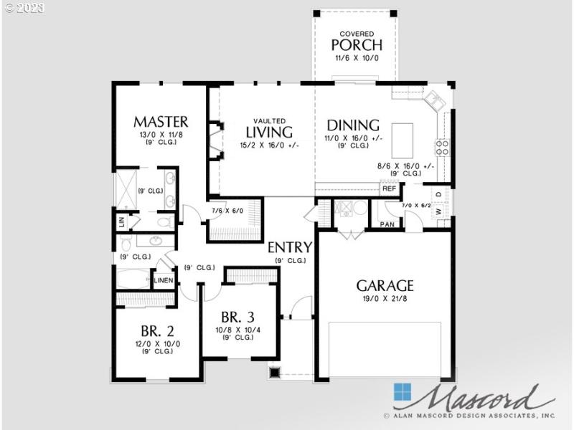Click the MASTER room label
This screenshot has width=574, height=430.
tap(161, 121)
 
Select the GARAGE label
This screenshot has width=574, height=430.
tap(385, 285)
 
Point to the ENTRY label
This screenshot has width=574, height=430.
tap(290, 248)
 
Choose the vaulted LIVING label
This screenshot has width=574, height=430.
tap(269, 132)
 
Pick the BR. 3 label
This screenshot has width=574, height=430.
tap(238, 317)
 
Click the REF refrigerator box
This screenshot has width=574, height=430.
tap(389, 189)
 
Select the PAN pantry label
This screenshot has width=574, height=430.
tap(387, 224)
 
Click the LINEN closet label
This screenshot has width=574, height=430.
tap(164, 279)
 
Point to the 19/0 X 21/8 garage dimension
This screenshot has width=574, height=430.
tap(385, 299)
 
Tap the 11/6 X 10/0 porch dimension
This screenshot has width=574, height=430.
tap(356, 58)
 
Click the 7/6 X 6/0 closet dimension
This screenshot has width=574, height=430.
tap(228, 211)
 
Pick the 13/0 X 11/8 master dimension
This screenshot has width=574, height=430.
tap(161, 134)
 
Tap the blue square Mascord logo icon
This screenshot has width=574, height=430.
tap(403, 393)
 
